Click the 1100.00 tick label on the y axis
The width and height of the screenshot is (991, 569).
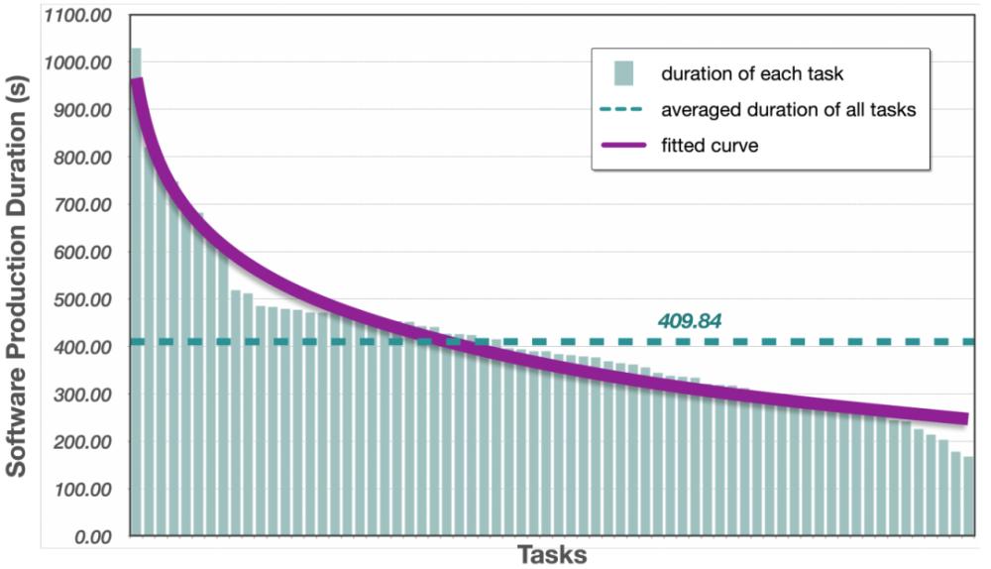point(78,18)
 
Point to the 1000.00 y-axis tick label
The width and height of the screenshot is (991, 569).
point(78,64)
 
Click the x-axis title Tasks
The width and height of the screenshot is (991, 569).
point(551,554)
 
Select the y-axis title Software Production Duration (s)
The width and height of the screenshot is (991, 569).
point(18,279)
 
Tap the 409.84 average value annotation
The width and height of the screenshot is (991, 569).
point(689,321)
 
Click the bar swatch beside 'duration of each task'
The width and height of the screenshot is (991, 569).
point(623,73)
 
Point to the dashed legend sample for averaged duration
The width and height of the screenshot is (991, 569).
point(623,110)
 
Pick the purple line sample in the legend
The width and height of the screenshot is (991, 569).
point(623,146)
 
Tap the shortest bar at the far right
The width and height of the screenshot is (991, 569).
point(968,496)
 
